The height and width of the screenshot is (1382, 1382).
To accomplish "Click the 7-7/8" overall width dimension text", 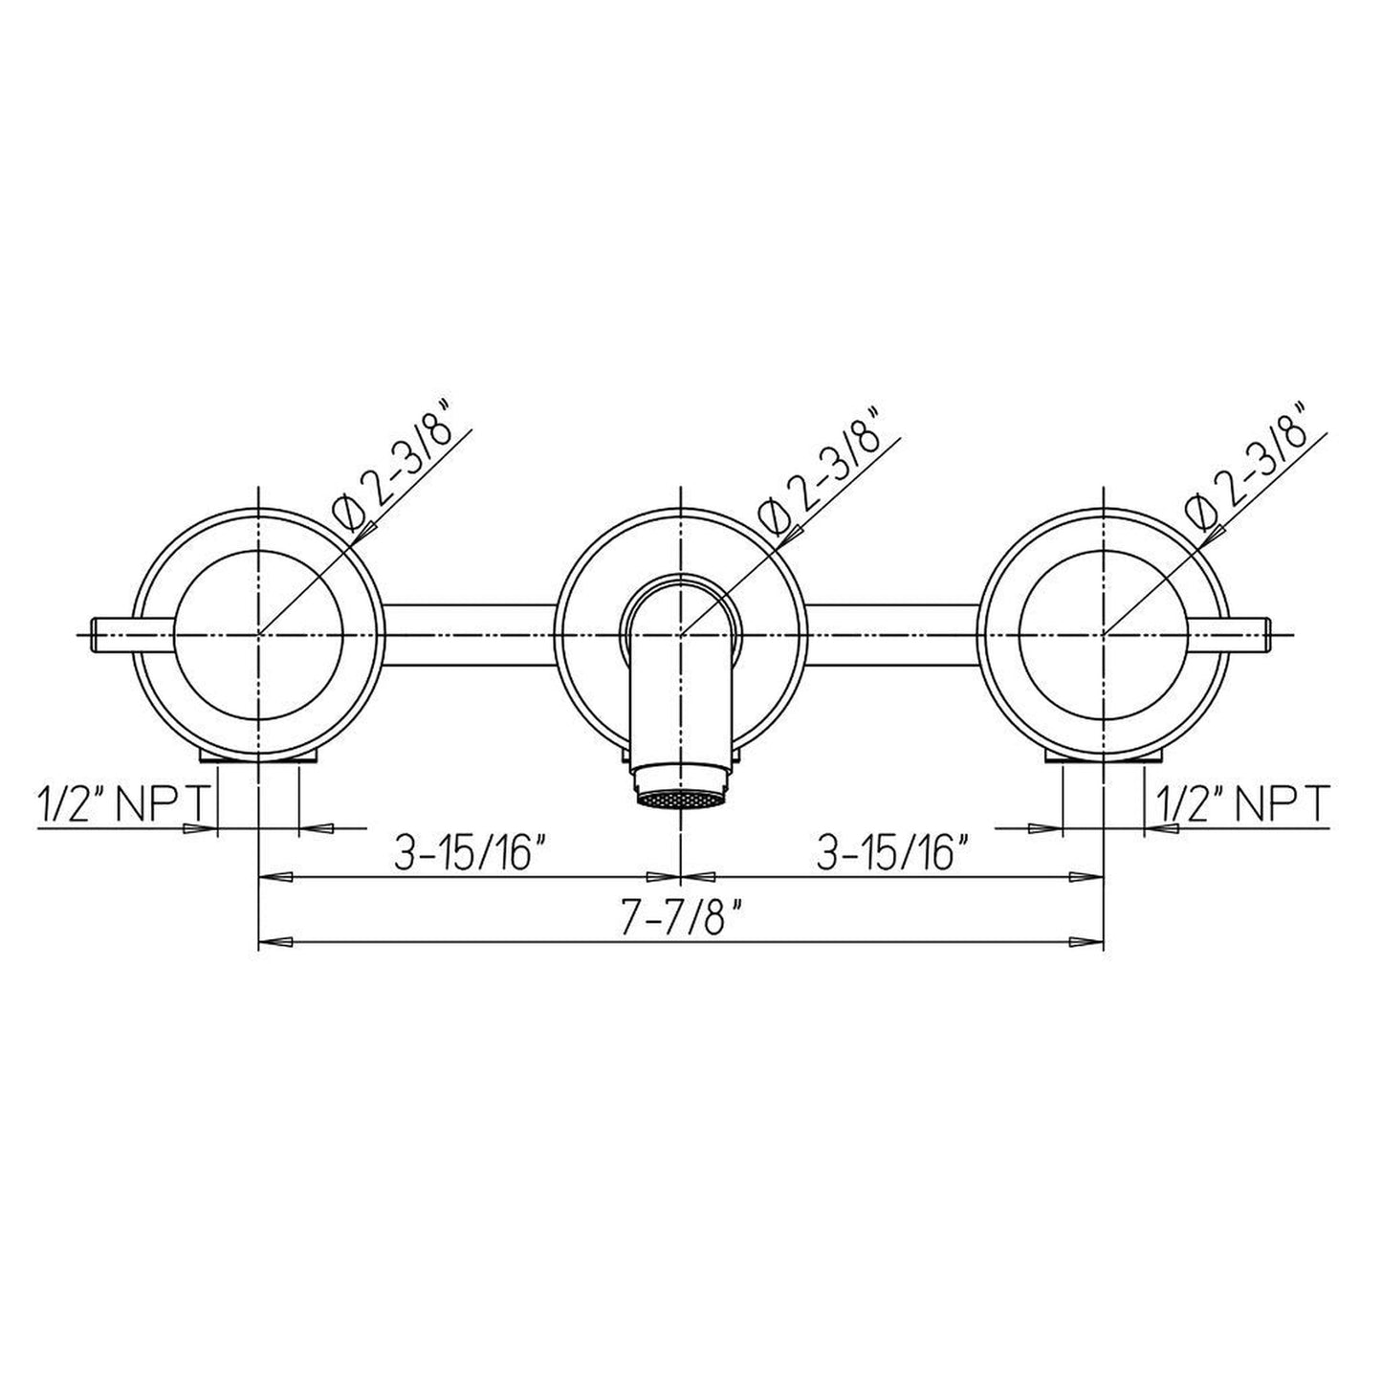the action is pyautogui.click(x=680, y=920).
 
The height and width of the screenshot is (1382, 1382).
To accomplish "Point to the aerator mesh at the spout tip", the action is pyautogui.click(x=681, y=799).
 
